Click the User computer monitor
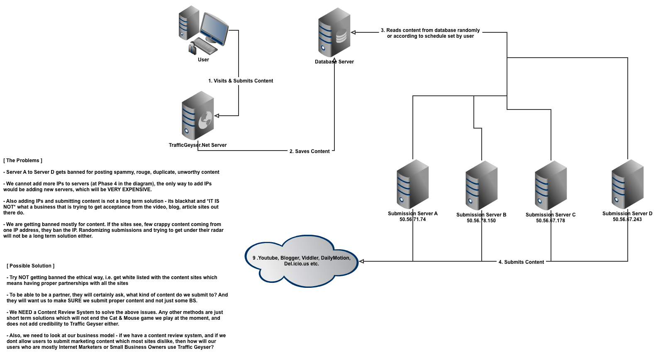214,29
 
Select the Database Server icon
334,32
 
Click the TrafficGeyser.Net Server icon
198,116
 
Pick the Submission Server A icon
412,184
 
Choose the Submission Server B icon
481,185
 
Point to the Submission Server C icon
551,185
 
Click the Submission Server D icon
627,184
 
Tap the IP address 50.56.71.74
412,219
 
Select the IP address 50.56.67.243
627,219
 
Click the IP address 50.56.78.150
481,221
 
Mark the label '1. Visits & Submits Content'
241,81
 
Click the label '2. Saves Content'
310,151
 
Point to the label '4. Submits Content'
521,262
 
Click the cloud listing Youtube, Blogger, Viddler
302,261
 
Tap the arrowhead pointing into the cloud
361,261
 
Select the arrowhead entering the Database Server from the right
353,32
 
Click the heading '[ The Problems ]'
23,161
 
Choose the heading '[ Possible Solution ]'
31,266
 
